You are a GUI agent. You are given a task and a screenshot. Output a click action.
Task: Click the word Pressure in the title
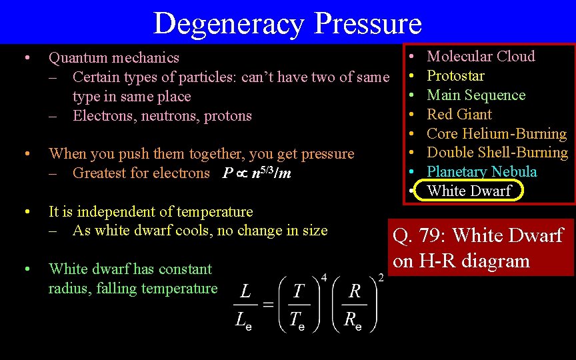tap(368, 23)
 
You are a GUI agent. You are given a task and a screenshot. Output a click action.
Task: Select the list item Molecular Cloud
tap(481, 57)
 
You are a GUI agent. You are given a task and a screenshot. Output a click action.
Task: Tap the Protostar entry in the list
tap(455, 76)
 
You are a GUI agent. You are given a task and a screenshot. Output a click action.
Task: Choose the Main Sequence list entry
tap(476, 95)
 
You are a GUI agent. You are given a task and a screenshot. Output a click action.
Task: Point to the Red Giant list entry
tap(459, 115)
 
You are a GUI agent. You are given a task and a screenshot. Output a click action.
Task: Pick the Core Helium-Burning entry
tap(497, 133)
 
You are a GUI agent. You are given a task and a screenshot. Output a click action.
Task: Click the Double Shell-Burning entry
tap(497, 153)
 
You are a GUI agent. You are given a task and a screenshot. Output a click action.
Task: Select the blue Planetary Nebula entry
tap(481, 172)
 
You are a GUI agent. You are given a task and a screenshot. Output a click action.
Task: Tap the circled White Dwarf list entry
tap(469, 191)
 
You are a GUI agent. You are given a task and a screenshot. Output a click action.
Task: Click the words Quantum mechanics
tap(114, 58)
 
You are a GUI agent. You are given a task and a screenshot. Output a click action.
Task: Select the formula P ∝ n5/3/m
tap(257, 173)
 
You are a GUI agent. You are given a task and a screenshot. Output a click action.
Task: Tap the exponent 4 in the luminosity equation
tap(324, 277)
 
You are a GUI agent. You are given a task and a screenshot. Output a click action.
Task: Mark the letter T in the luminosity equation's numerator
tap(299, 291)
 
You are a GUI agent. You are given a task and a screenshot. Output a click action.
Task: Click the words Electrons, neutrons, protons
tap(162, 116)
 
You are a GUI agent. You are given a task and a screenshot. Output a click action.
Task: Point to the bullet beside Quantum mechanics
tap(25, 57)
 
